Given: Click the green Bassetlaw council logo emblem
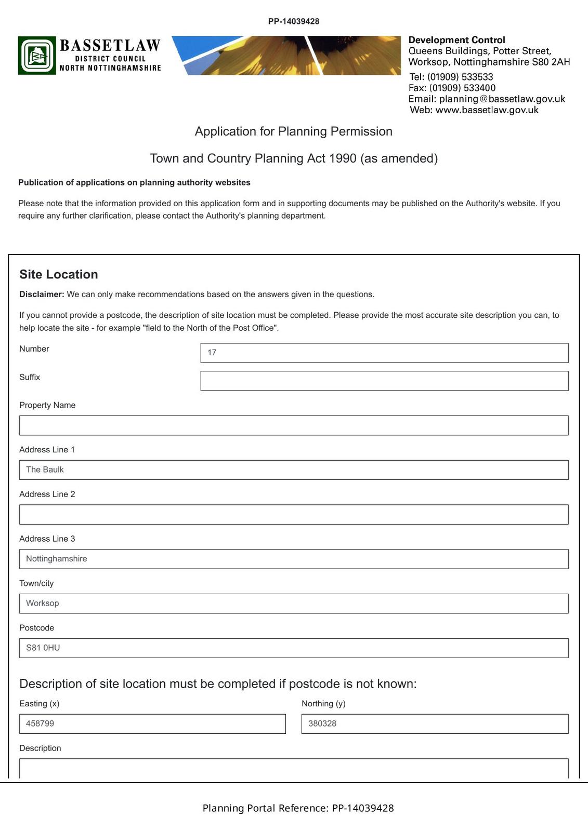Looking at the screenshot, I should pyautogui.click(x=37, y=56).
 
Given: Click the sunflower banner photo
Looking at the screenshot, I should pyautogui.click(x=286, y=56).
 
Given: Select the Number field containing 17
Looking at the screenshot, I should pyautogui.click(x=384, y=353).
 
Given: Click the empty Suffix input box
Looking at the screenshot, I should pyautogui.click(x=384, y=381).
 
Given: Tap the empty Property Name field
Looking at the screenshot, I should pyautogui.click(x=294, y=425).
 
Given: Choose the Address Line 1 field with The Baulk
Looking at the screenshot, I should pyautogui.click(x=294, y=470).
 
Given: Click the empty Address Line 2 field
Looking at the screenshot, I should pyautogui.click(x=294, y=514).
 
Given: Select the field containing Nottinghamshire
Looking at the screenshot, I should pyautogui.click(x=294, y=559).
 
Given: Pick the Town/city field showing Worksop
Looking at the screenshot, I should pyautogui.click(x=294, y=604).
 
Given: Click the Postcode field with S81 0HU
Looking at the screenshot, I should pyautogui.click(x=294, y=648).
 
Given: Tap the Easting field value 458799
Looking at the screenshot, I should pyautogui.click(x=152, y=723).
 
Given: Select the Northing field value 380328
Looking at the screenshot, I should pyautogui.click(x=435, y=723).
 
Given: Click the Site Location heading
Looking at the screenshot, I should pyautogui.click(x=59, y=274).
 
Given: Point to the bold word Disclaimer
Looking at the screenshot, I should pyautogui.click(x=42, y=294).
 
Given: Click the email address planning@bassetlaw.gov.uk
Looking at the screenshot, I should pyautogui.click(x=502, y=99).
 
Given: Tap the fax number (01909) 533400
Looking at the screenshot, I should pyautogui.click(x=462, y=88).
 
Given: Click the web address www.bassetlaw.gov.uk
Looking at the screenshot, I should pyautogui.click(x=487, y=110).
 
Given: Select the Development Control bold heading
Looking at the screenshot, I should pyautogui.click(x=456, y=40).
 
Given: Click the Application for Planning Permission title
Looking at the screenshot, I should pyautogui.click(x=293, y=131).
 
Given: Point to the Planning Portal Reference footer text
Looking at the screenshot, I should pyautogui.click(x=298, y=808).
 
